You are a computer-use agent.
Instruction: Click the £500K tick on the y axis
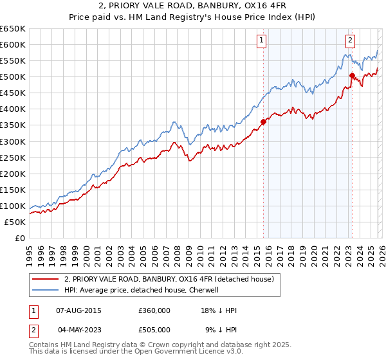coord(12,76)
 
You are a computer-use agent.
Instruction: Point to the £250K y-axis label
coord(12,157)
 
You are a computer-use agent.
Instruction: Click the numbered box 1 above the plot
coord(262,40)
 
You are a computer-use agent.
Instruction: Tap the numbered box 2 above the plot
coord(351,40)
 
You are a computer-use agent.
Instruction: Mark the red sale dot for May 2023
coord(352,75)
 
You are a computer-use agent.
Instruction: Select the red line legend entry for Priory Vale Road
coord(169,279)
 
